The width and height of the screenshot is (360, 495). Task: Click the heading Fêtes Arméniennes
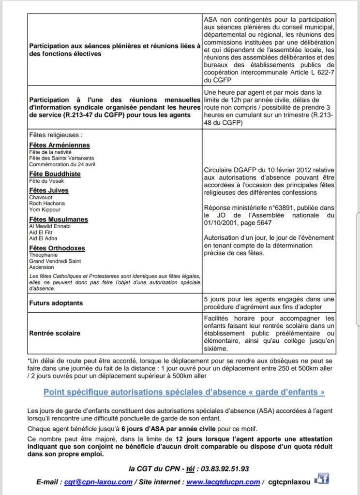point(59,145)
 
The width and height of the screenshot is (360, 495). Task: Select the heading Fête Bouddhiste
point(55,174)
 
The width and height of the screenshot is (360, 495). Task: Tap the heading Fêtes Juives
point(49,190)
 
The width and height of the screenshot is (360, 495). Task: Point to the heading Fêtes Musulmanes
point(59,219)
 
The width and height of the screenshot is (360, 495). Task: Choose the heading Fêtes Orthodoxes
point(57,248)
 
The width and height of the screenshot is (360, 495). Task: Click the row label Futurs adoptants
point(56,303)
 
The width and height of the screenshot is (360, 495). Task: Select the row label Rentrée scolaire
point(55,333)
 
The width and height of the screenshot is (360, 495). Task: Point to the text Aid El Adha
point(43,239)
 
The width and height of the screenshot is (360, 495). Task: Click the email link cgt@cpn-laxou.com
point(98,482)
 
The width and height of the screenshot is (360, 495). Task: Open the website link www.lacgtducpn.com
point(224,482)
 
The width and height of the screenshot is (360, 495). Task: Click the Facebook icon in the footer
point(321,480)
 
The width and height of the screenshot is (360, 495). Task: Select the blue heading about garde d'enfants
point(184,392)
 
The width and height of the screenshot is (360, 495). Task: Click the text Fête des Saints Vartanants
point(61,158)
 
